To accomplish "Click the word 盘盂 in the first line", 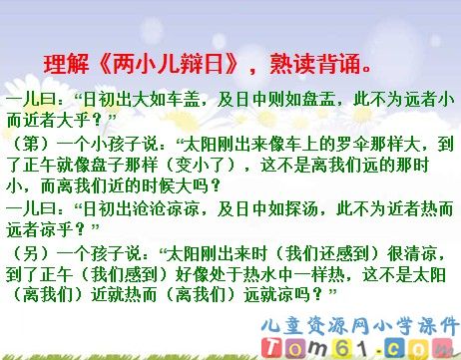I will tap(314, 101).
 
